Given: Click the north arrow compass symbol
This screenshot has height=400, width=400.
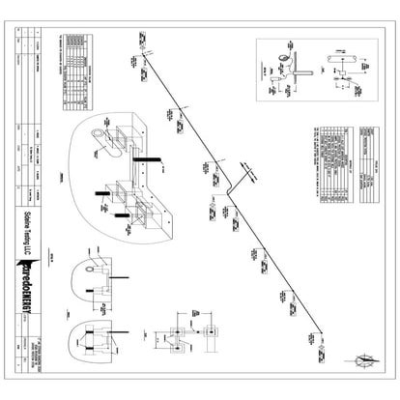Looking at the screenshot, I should tap(364, 361).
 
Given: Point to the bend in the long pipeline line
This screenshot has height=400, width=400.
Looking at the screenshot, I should tap(227, 190).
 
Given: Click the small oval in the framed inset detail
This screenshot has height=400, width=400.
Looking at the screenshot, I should tap(285, 57).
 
